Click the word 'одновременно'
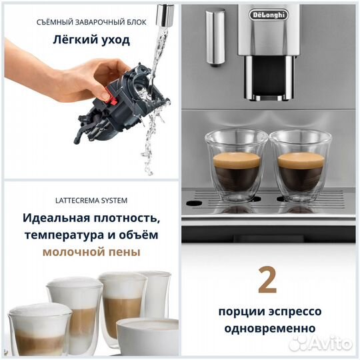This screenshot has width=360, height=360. (267, 328)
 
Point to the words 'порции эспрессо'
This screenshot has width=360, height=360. (267, 312)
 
